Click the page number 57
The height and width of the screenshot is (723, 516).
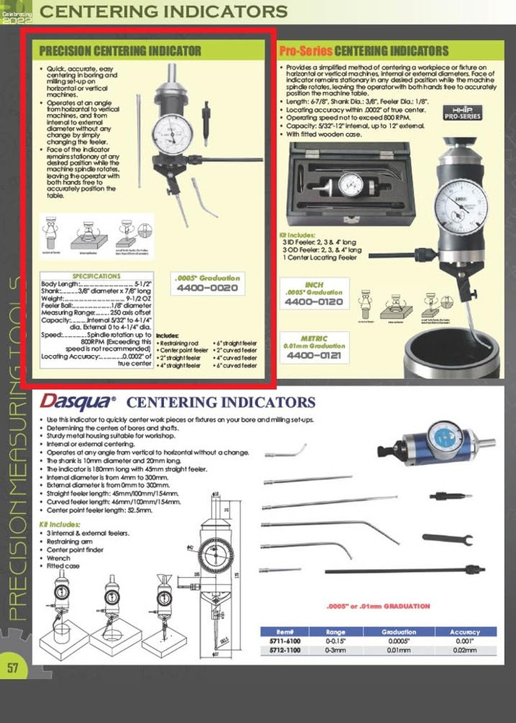[12, 667]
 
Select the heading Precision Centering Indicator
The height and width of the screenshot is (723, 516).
[120, 51]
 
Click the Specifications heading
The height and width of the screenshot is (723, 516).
[96, 276]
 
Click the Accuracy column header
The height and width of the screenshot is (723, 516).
[465, 631]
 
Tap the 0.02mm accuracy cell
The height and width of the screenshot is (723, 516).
[465, 651]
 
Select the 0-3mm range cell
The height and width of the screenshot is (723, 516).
[335, 651]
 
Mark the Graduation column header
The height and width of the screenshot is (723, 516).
[399, 631]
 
